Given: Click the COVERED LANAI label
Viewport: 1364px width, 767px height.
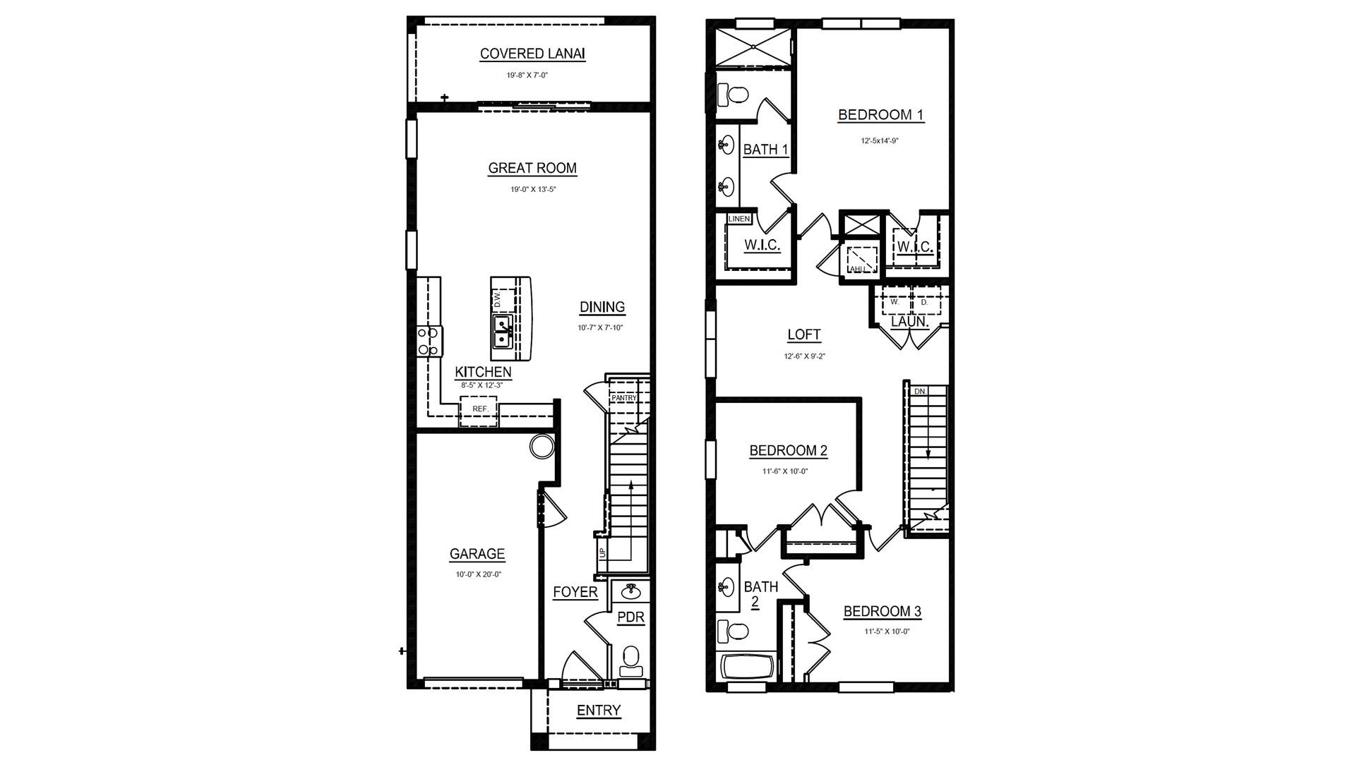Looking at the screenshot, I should (x=532, y=54).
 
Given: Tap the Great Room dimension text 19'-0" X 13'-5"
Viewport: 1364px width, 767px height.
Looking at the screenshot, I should (x=532, y=190).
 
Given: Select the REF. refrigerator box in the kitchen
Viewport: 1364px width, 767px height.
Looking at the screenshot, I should (x=480, y=409).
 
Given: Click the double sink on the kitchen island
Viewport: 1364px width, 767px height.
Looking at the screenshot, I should (x=502, y=332).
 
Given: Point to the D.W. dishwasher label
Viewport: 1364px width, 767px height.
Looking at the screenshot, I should (x=497, y=299).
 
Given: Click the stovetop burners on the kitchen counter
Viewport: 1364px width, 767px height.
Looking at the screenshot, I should (x=429, y=341).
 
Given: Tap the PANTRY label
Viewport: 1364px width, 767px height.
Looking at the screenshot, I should (x=624, y=398).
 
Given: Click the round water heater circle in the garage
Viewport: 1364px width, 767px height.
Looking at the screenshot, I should (x=542, y=446).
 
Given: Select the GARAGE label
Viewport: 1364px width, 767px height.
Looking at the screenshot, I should (x=477, y=555).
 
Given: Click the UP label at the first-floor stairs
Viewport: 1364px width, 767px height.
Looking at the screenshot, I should (x=602, y=552).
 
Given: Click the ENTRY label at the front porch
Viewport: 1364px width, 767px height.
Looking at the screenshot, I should (x=599, y=711).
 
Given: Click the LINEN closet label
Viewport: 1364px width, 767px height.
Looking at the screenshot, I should (x=738, y=219).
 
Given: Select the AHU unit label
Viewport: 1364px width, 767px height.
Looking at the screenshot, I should (x=857, y=269).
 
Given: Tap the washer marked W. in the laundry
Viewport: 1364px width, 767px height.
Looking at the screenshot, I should (x=894, y=302).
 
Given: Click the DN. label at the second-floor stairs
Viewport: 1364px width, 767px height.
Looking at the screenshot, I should (x=920, y=391).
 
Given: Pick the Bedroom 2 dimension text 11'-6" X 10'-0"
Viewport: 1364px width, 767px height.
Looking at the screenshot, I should (x=785, y=471).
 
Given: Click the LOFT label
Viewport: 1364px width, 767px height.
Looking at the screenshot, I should (x=804, y=335).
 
